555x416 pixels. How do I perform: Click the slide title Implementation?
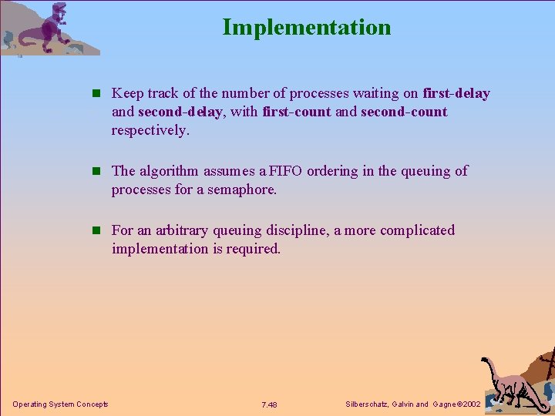tap(307, 28)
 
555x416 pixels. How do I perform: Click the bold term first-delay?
tap(456, 94)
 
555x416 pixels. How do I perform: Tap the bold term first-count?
tap(297, 112)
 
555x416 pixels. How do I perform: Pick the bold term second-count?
tap(403, 112)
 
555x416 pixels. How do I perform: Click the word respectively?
tap(149, 130)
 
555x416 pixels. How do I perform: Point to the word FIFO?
tap(286, 171)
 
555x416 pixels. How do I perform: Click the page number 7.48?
tap(269, 405)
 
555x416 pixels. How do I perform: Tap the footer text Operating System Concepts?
tap(60, 404)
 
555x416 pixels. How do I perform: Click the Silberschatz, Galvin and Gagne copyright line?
tap(413, 404)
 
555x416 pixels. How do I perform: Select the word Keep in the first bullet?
tap(127, 94)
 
